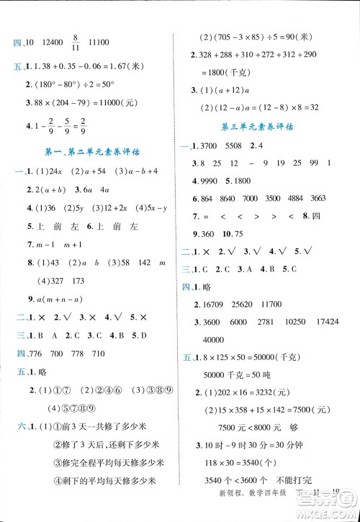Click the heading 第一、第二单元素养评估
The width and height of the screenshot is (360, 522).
[87, 153]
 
